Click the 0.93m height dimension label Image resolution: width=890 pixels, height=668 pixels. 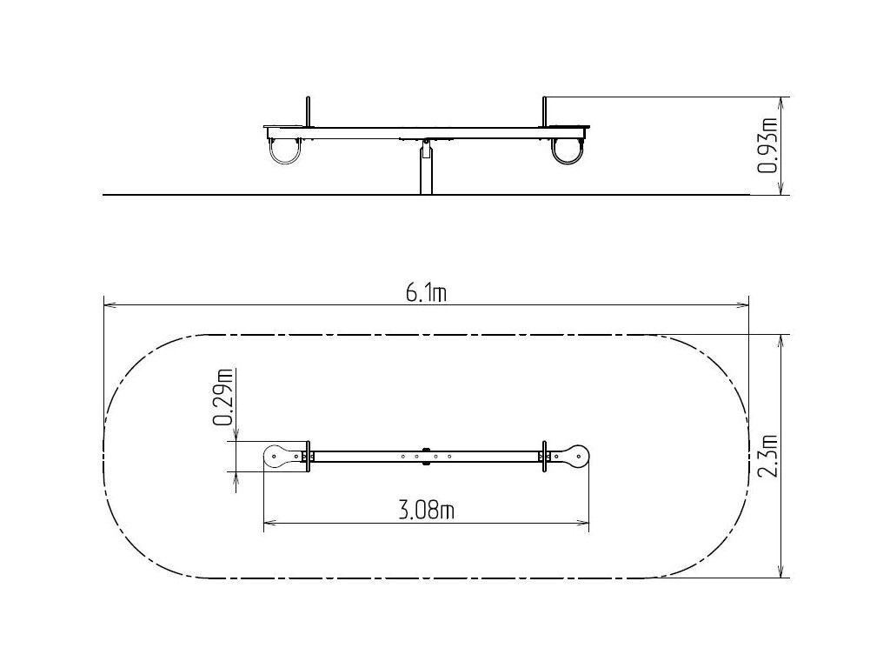[767, 145]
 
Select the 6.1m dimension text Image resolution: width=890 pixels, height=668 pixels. [426, 293]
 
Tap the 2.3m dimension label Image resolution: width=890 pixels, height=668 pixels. [768, 456]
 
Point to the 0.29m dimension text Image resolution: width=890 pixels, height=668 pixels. [222, 397]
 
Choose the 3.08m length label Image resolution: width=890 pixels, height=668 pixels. [427, 511]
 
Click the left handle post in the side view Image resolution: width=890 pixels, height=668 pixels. [309, 112]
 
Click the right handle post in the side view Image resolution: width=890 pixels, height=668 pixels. [544, 112]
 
